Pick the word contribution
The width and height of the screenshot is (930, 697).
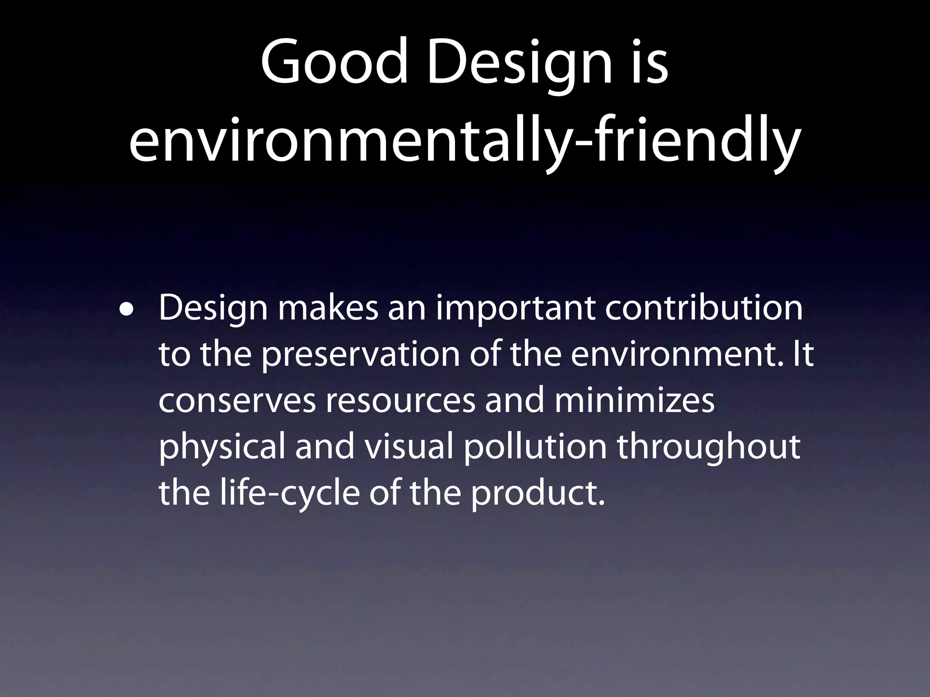(x=704, y=309)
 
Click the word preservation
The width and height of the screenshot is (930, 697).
(x=361, y=355)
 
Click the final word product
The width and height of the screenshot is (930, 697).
(x=538, y=494)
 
